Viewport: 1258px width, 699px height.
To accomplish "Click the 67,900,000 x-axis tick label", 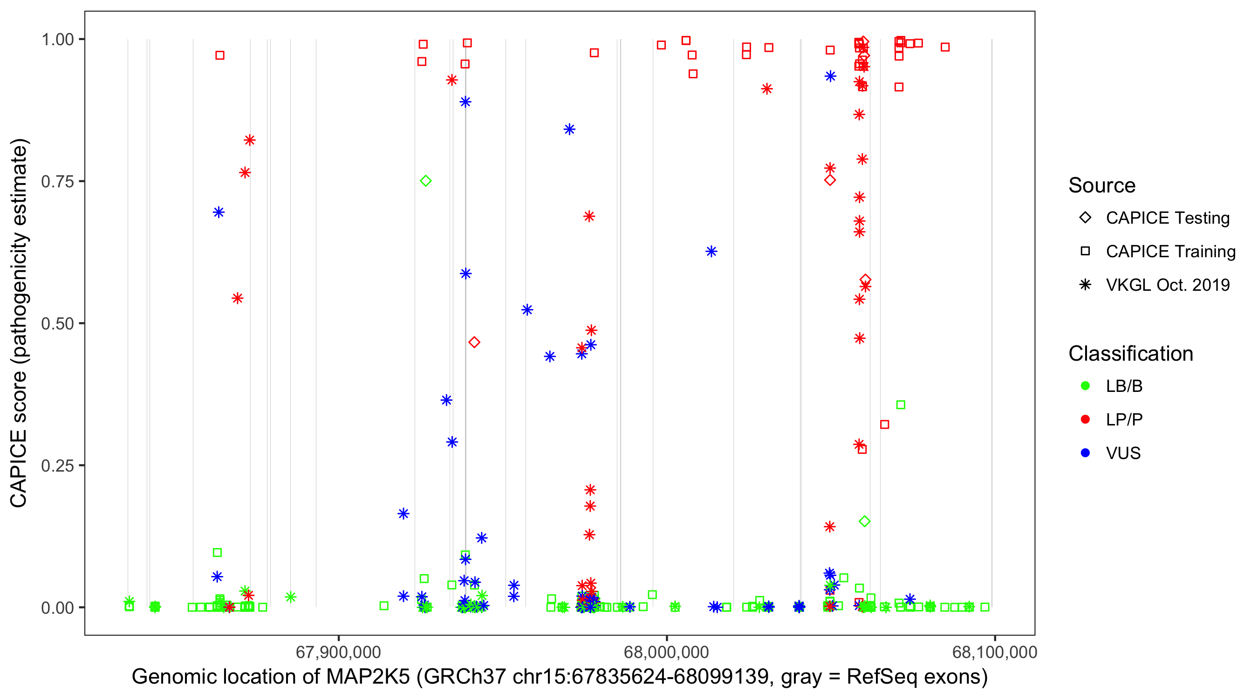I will point(338,652).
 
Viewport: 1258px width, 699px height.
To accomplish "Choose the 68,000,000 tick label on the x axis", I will point(666,652).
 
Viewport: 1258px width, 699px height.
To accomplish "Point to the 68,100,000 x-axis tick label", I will point(994,652).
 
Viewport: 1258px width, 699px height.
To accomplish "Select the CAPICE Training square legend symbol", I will point(1085,252).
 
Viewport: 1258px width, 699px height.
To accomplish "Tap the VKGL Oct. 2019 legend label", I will point(1167,285).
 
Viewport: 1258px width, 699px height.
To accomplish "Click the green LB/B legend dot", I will point(1085,386).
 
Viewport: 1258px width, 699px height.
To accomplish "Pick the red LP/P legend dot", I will point(1085,419).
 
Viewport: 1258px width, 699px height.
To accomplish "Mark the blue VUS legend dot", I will point(1085,453).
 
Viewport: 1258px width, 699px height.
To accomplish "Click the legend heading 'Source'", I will point(1102,185).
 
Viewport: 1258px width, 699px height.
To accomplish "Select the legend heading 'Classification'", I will point(1130,354).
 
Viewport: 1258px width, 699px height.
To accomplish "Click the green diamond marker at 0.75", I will point(425,181).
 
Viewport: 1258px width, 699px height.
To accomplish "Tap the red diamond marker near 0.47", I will point(474,343).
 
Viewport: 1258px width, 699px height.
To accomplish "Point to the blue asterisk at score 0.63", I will point(711,252).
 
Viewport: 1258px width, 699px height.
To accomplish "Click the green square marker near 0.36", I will point(901,405).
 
